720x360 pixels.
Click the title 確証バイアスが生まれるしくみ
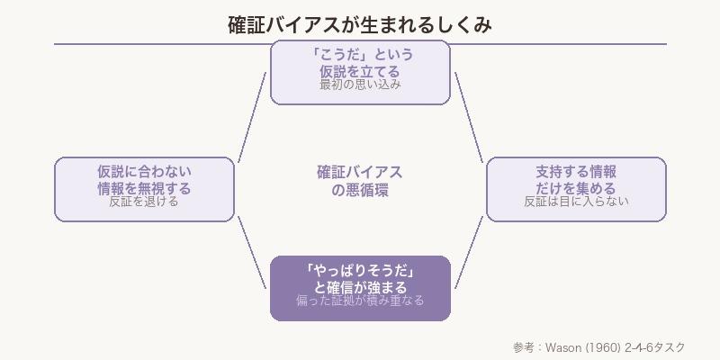[360, 24]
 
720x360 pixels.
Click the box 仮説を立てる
[360, 71]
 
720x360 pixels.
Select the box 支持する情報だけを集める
[576, 188]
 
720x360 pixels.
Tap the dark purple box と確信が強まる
[360, 287]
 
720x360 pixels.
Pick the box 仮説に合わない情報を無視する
[144, 188]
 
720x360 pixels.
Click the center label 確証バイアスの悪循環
[360, 181]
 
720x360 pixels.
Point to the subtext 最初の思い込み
[360, 85]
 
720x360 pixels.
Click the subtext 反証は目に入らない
[576, 202]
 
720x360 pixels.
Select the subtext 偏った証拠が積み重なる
[360, 301]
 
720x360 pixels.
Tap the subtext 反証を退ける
[144, 202]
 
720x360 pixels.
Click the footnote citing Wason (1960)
[598, 347]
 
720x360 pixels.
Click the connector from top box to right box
[468, 116]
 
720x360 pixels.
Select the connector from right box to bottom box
[468, 253]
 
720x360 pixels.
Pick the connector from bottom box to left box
[253, 253]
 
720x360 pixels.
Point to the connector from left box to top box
[253, 116]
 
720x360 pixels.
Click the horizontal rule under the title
[360, 43]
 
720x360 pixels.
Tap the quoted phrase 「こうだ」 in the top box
[332, 54]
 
